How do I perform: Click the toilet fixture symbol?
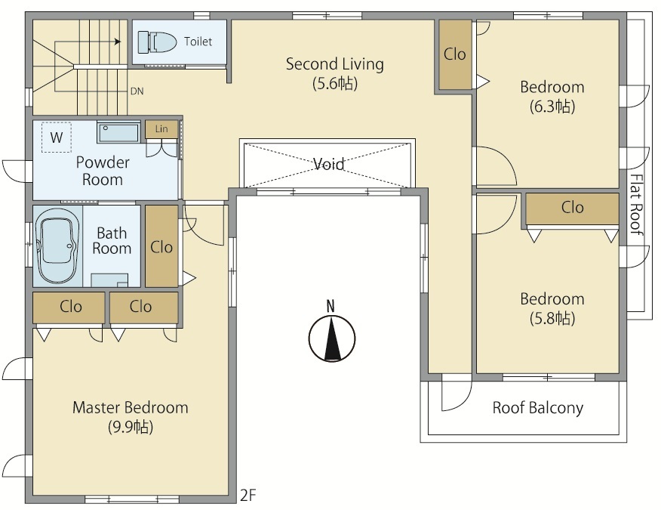click(x=157, y=42)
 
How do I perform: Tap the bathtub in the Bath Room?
click(x=57, y=246)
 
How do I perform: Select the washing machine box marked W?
click(x=57, y=138)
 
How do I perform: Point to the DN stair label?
click(x=137, y=91)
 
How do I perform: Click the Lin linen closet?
click(x=161, y=129)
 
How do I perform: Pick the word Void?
click(x=329, y=163)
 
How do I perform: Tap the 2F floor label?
click(x=247, y=495)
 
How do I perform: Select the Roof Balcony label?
click(x=538, y=408)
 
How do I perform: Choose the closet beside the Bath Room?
click(x=161, y=246)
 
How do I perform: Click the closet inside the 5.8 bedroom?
click(x=572, y=209)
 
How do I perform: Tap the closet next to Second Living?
click(x=455, y=54)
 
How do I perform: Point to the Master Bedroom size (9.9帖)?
click(x=131, y=427)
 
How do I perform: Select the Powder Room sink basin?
click(x=118, y=132)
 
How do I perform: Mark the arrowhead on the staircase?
click(x=118, y=42)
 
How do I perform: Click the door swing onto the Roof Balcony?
click(x=456, y=392)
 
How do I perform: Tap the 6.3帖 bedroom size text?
click(x=552, y=107)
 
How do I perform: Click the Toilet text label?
click(x=198, y=42)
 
